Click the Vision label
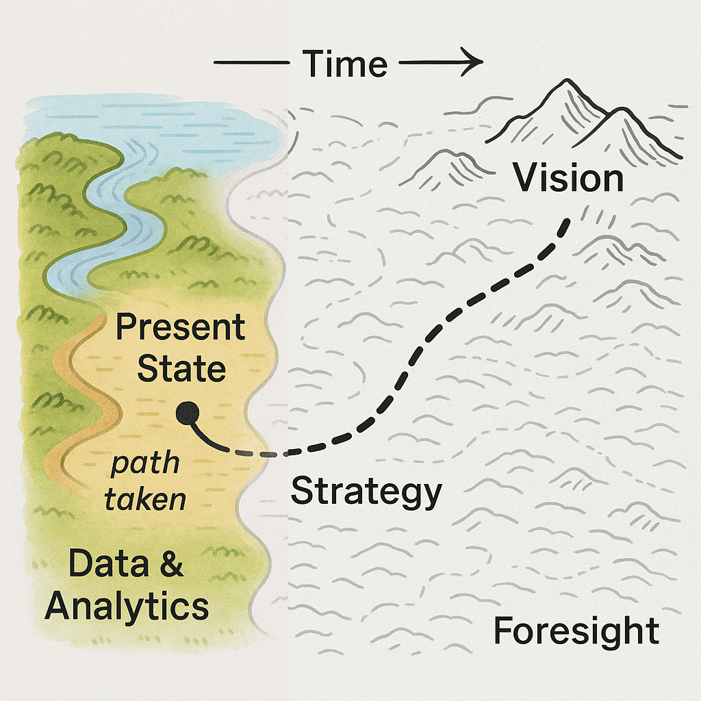pos(568,179)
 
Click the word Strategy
pos(366,491)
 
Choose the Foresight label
pos(576,630)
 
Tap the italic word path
pos(144,466)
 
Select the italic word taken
pos(145,500)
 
